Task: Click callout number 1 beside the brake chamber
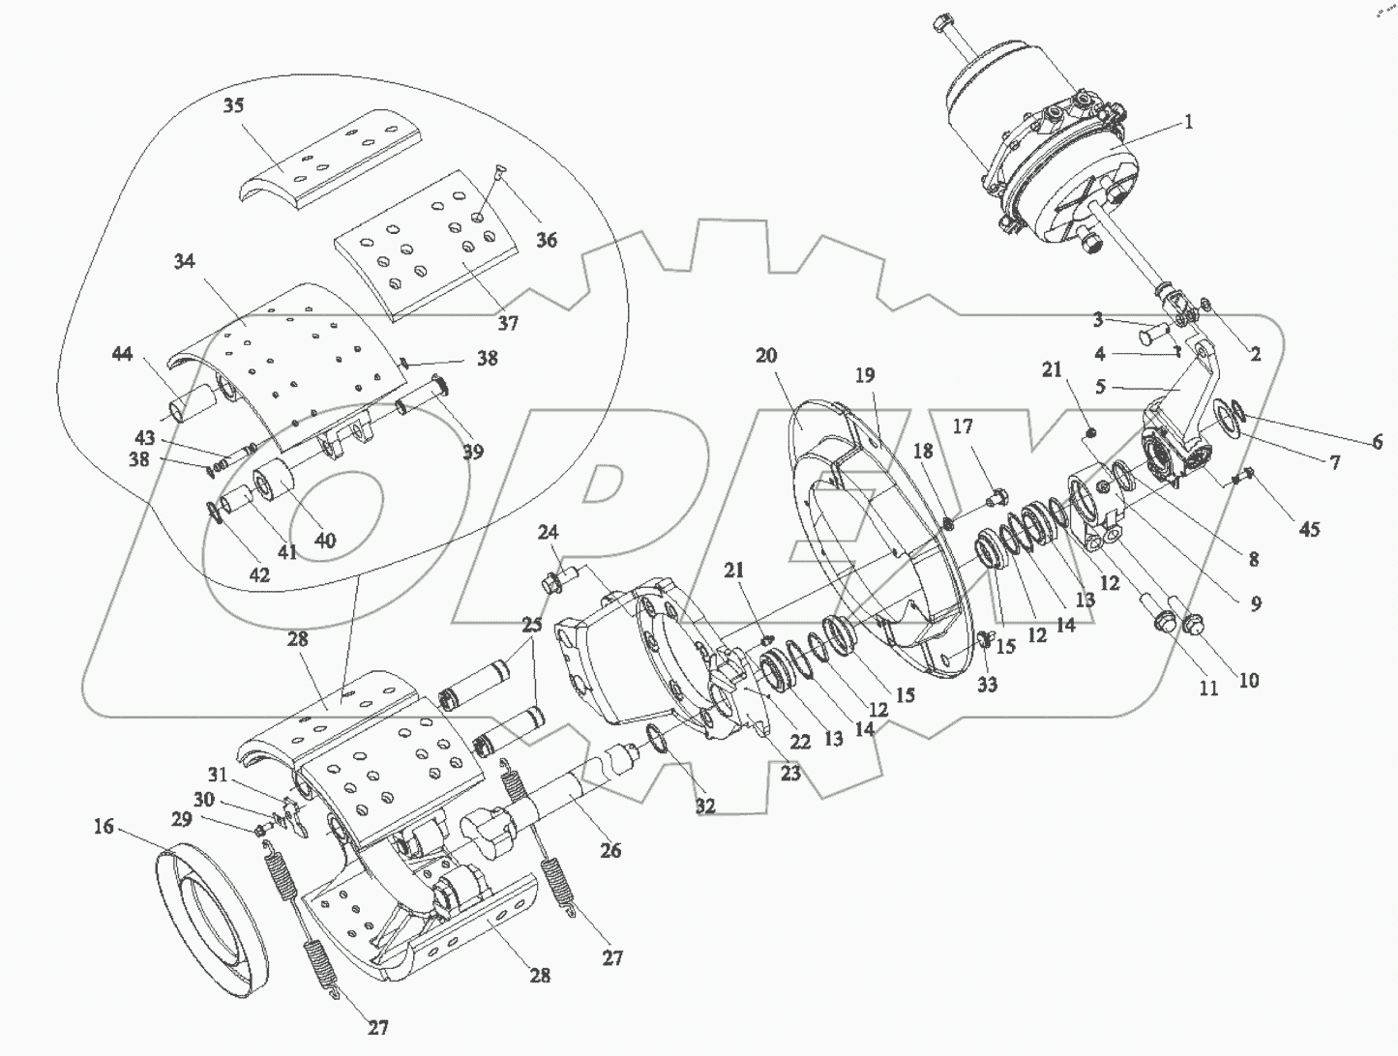coord(1188,122)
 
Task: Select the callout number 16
coord(104,827)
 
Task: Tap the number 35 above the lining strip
coord(233,105)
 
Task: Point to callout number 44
coord(122,353)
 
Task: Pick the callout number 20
coord(766,356)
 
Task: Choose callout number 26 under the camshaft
coord(610,850)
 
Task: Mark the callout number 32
coord(704,807)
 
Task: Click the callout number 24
coord(548,532)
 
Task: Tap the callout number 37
coord(508,323)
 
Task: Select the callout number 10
coord(1249,681)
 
